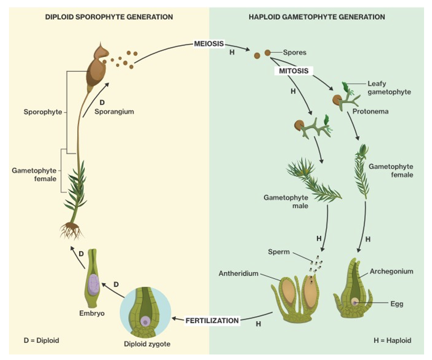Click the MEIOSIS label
[x=209, y=44]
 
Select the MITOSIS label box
[x=294, y=71]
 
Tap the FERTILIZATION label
[x=212, y=320]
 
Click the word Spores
[x=295, y=52]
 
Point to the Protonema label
[x=370, y=111]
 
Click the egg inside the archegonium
[x=354, y=302]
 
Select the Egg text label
[x=397, y=304]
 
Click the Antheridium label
[x=238, y=273]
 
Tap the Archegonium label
[x=391, y=271]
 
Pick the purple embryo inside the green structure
[x=93, y=285]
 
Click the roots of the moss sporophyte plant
[x=71, y=230]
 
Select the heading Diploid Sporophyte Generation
[x=109, y=17]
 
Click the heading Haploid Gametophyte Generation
[x=317, y=17]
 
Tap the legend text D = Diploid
[x=41, y=340]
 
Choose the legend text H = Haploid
[x=392, y=340]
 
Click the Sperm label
[x=279, y=252]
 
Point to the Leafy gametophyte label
[x=389, y=87]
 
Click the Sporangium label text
[x=114, y=112]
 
